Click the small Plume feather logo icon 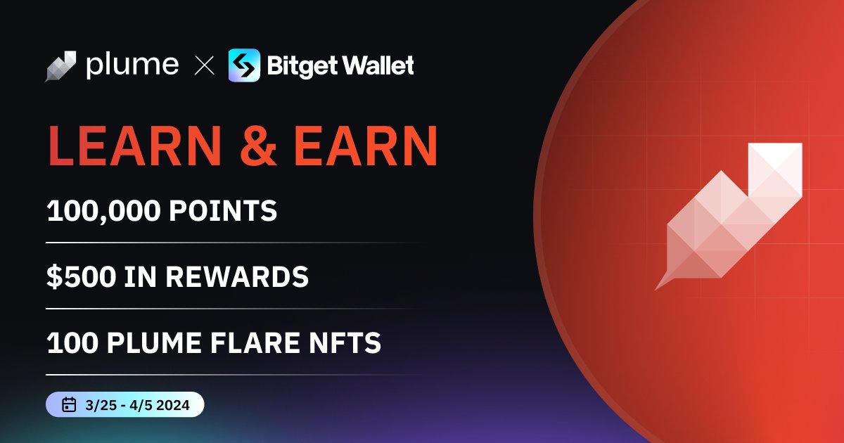click(x=60, y=66)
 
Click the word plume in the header click(x=132, y=65)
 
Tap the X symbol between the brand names click(x=204, y=66)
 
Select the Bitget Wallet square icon click(x=244, y=65)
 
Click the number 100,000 click(x=103, y=212)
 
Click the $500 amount click(x=80, y=277)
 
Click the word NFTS click(x=347, y=343)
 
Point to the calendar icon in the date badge click(x=69, y=404)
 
